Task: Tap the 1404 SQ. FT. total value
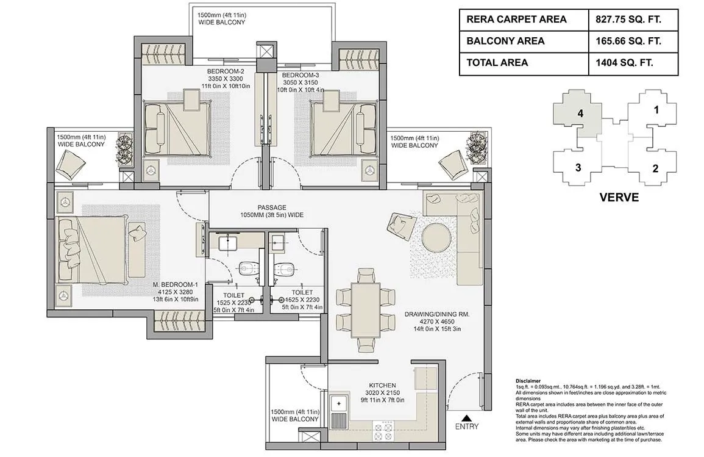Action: coord(624,63)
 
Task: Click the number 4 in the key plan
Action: coord(581,113)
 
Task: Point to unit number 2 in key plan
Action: coord(655,169)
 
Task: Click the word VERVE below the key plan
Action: coord(619,198)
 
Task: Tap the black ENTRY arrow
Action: coord(467,418)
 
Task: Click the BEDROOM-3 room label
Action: coord(300,75)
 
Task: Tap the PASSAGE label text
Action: coord(271,207)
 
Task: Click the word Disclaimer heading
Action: coord(528,381)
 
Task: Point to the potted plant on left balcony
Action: coord(125,148)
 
